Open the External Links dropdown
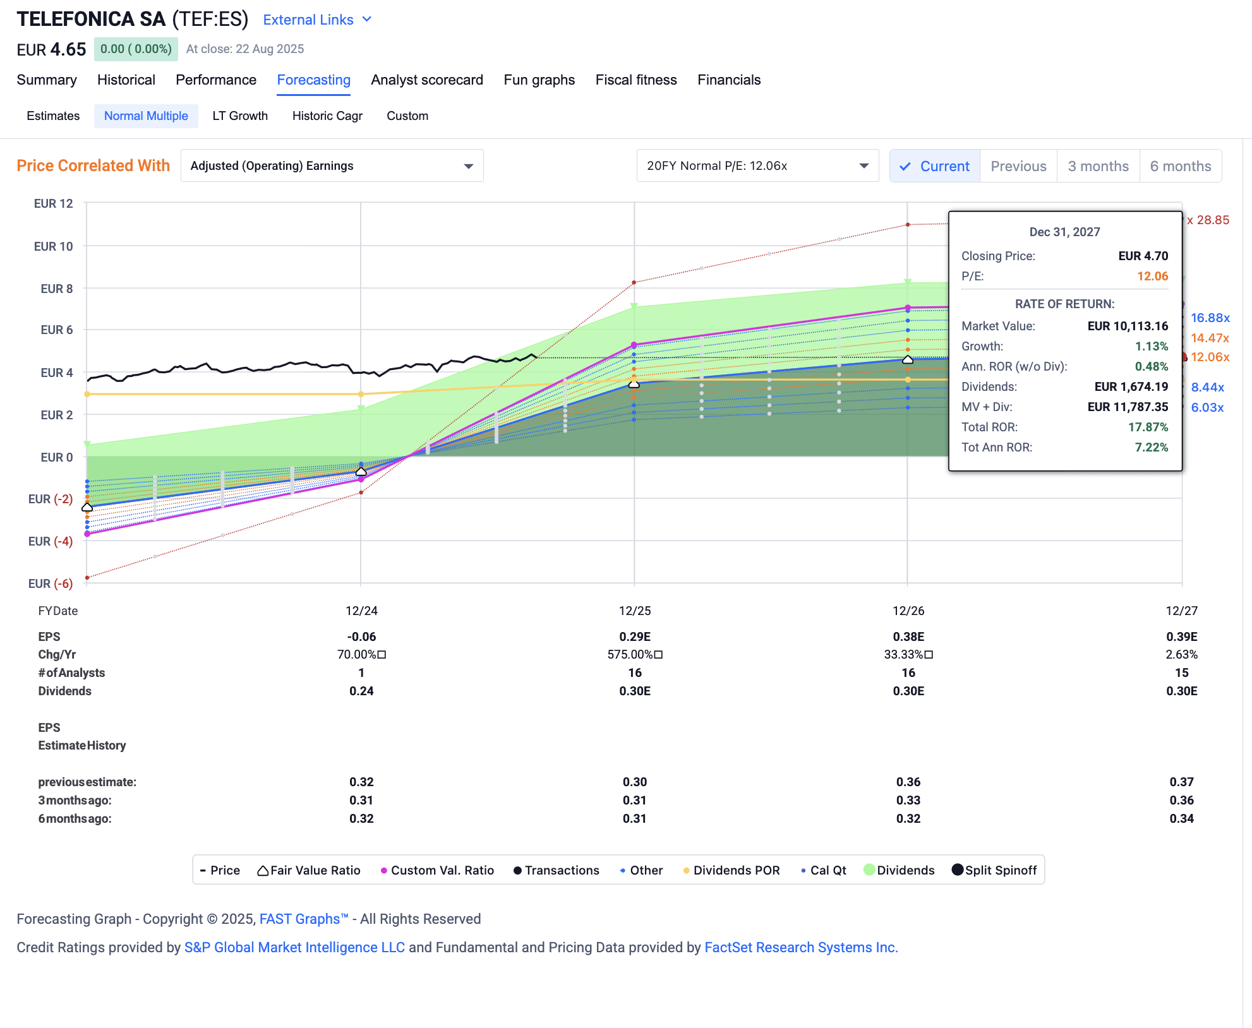click(316, 20)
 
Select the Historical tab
click(126, 80)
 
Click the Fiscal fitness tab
click(635, 80)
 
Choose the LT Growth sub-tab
click(239, 116)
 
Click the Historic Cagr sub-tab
click(327, 116)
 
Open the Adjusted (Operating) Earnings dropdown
click(332, 165)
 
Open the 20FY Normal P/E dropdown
click(757, 165)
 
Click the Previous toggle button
click(1018, 166)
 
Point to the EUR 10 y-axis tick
click(53, 246)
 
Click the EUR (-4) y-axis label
click(50, 541)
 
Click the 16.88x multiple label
click(1210, 318)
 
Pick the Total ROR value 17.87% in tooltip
click(1147, 427)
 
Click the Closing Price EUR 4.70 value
click(1142, 256)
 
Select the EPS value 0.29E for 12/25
click(634, 637)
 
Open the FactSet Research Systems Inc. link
click(800, 947)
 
